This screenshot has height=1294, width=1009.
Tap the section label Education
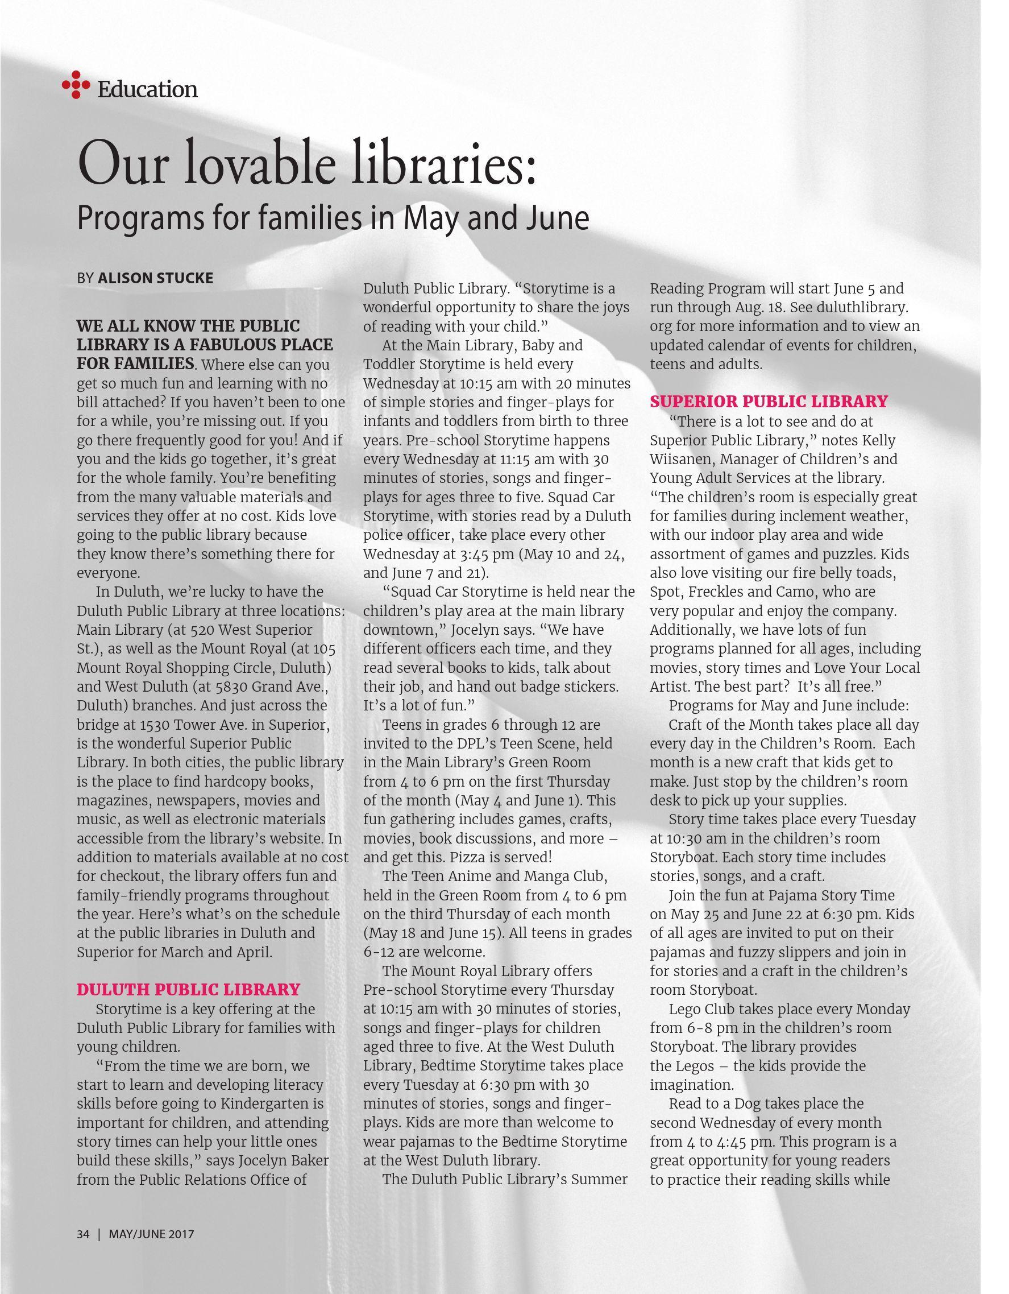147,89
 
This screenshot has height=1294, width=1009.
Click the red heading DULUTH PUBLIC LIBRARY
188,989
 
